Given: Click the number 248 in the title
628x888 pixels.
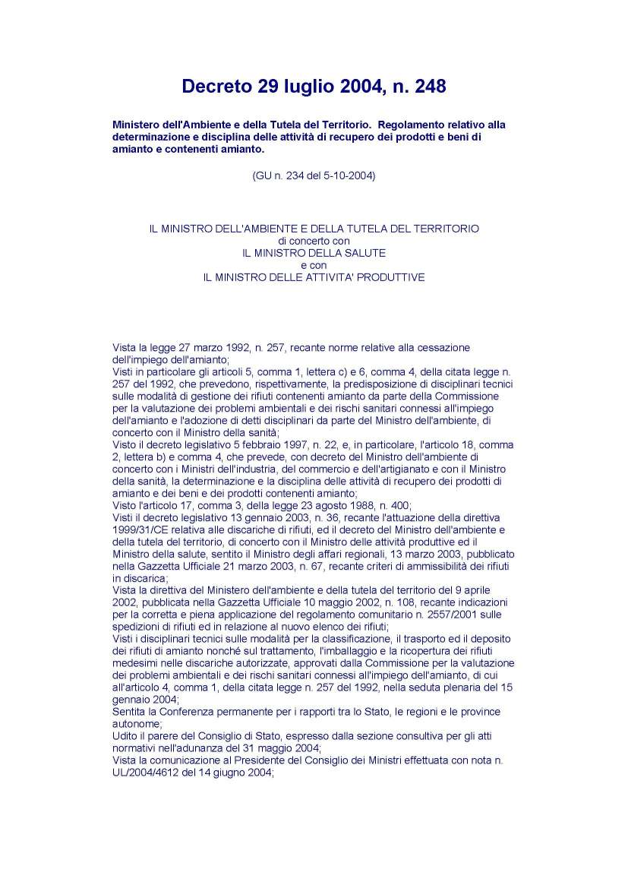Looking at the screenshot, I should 426,87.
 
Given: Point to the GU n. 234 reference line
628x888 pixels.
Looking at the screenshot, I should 314,176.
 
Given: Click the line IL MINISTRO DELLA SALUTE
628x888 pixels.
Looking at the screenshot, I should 314,252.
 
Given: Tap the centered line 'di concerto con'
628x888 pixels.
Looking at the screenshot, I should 314,240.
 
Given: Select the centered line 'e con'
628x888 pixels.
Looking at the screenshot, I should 314,264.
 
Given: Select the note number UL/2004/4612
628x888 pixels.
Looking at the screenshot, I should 147,772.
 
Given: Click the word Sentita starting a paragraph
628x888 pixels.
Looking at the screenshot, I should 130,712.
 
